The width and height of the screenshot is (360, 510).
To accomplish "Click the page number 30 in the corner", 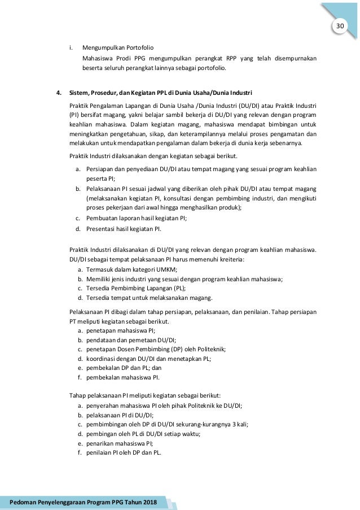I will tap(340, 27).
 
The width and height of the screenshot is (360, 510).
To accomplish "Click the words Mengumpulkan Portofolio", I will tap(118, 47).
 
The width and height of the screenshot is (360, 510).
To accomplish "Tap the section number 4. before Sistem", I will tap(58, 92).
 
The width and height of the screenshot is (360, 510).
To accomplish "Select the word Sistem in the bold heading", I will tap(79, 92).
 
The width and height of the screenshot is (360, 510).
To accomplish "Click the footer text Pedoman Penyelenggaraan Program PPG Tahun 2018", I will tap(84, 502).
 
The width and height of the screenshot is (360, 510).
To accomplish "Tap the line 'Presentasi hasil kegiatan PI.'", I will tap(124, 229).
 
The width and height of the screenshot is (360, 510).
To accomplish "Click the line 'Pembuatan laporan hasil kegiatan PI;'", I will tap(137, 218).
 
